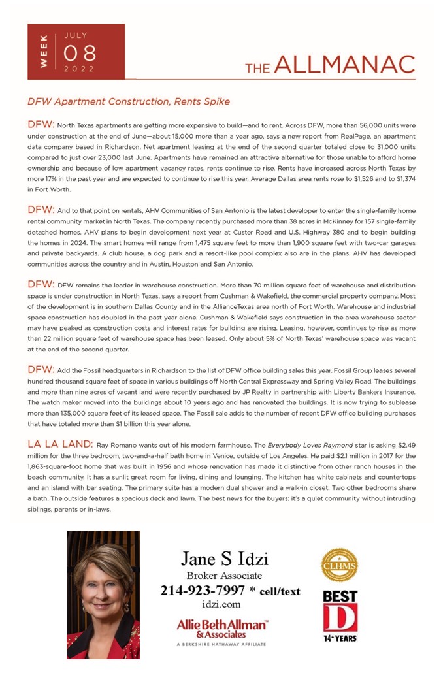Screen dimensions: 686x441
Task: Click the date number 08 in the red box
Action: click(79, 52)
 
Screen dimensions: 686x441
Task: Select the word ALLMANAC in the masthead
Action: click(344, 65)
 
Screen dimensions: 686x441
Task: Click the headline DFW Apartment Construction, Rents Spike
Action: click(128, 102)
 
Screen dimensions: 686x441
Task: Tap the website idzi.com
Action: click(221, 604)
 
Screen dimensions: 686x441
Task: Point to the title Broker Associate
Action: click(224, 576)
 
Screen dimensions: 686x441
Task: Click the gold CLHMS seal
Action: click(339, 564)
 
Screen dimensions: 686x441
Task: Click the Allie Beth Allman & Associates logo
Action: click(222, 629)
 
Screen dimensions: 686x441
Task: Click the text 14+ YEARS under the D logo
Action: click(340, 638)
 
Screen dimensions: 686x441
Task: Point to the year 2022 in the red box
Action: click(79, 68)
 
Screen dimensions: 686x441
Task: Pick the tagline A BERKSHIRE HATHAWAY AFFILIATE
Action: click(222, 644)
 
